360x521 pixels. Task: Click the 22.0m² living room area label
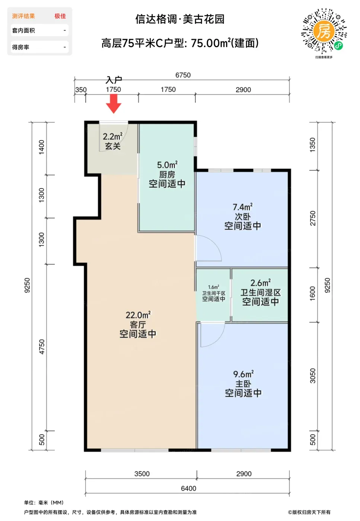tap(138, 315)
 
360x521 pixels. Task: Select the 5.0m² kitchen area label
tap(167, 165)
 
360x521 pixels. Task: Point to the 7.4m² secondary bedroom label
tap(242, 207)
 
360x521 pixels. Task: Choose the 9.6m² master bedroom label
tap(243, 374)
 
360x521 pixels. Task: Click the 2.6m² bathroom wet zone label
tap(260, 283)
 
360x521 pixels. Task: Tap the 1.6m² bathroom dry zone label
tap(214, 287)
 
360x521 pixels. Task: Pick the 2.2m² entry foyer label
tap(113, 136)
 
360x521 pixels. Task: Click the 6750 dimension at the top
tap(183, 75)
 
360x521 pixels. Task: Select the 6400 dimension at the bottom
tap(188, 488)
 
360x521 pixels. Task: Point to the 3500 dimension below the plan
tap(142, 474)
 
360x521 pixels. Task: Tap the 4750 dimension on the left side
tap(42, 347)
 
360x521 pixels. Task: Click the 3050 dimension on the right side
tap(313, 375)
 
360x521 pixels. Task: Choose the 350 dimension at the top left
tap(81, 90)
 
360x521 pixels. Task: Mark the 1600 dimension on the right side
tap(312, 294)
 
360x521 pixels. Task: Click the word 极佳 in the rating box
tap(60, 16)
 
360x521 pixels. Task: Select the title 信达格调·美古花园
tap(180, 19)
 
